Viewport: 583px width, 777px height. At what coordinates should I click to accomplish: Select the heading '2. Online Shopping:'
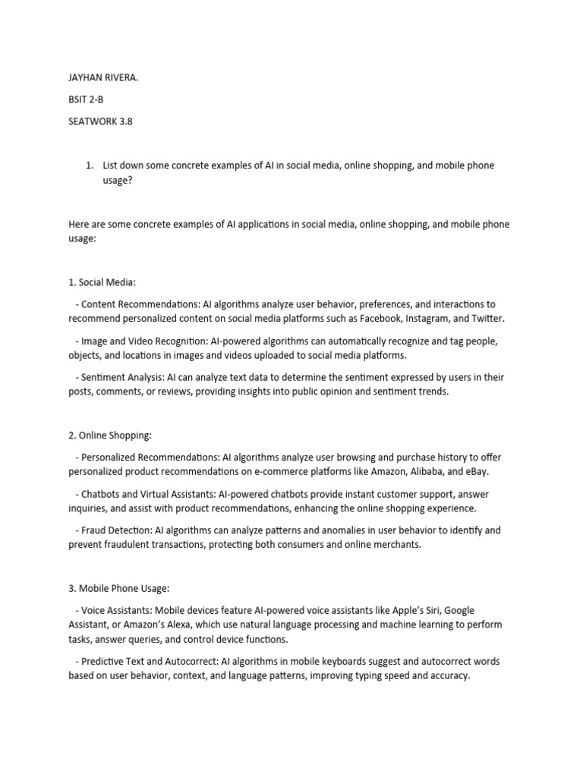coord(110,436)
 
